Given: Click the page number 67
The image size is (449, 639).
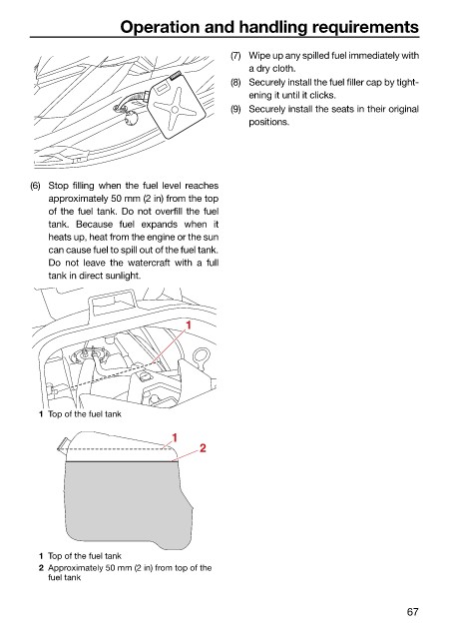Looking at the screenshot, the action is [x=412, y=612].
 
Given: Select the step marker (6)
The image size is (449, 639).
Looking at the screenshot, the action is [x=36, y=186].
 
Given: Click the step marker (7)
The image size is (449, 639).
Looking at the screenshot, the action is [x=235, y=56].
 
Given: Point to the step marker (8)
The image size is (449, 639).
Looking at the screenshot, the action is [x=235, y=83].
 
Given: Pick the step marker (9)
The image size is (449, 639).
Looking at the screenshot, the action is [x=235, y=109].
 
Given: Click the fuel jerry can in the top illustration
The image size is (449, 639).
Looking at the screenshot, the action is [x=175, y=106].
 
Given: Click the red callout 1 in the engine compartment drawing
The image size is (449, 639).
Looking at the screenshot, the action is [x=189, y=324].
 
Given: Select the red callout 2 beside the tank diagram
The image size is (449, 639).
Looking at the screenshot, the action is [x=203, y=448].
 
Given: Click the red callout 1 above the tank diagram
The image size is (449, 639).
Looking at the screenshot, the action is [x=175, y=437].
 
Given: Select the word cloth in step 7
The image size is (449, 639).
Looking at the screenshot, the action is [x=283, y=69].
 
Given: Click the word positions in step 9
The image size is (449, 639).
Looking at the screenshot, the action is [x=269, y=122].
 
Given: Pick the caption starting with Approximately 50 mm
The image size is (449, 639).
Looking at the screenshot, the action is [x=130, y=572].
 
